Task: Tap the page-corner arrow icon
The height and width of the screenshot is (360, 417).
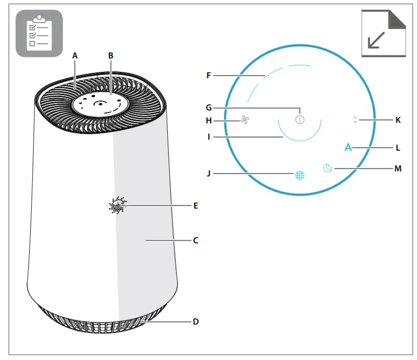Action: (x=384, y=33)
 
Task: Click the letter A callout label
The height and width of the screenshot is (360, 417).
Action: (x=75, y=56)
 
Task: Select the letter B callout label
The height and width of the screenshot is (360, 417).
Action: (x=111, y=56)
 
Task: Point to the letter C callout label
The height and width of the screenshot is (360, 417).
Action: (x=195, y=240)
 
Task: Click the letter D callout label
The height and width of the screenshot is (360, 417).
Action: (x=195, y=321)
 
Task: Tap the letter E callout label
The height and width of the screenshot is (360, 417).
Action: (x=195, y=205)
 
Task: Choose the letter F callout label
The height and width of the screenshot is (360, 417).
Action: (x=209, y=76)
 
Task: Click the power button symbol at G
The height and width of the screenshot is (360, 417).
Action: (x=300, y=120)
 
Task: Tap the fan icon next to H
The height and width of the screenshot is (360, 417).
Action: (x=244, y=120)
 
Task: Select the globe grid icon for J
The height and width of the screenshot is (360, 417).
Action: (x=300, y=175)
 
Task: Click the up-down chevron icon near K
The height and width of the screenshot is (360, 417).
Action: (x=355, y=119)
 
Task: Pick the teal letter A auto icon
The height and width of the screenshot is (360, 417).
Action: (x=348, y=148)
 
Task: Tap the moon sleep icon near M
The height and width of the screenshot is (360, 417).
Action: (x=328, y=168)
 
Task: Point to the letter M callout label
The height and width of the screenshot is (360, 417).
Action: (x=398, y=168)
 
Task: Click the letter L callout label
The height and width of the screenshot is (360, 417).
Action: (x=398, y=148)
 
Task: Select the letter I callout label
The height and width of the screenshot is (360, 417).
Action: (x=209, y=137)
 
